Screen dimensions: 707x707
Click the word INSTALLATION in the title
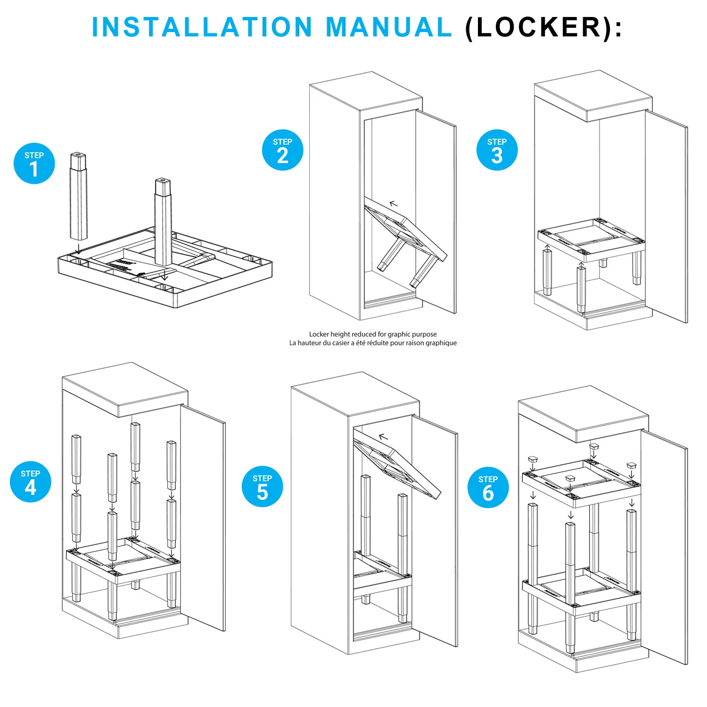click(202, 27)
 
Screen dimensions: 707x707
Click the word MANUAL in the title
click(389, 27)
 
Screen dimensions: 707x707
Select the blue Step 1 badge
click(34, 163)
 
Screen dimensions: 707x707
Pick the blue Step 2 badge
click(282, 150)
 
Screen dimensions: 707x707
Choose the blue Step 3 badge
click(497, 150)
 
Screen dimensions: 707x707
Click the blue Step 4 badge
click(30, 482)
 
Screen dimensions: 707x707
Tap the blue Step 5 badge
click(262, 486)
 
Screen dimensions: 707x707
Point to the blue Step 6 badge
click(488, 488)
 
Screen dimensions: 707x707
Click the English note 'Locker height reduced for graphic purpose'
click(372, 334)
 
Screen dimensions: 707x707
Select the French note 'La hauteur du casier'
click(372, 343)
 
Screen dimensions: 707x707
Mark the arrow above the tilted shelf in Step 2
click(394, 204)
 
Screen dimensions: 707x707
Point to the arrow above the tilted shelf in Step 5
click(383, 437)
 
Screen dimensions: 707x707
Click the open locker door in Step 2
click(436, 212)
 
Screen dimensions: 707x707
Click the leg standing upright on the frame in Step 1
click(163, 222)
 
